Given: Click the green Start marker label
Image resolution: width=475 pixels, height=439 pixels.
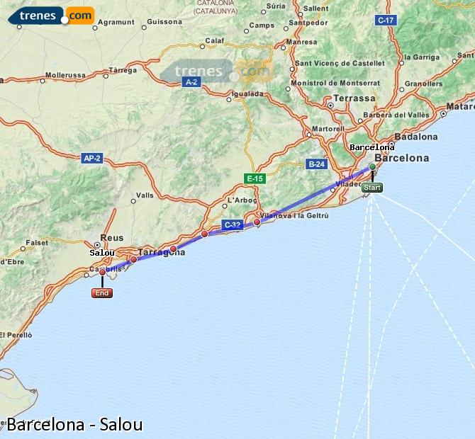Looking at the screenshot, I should (x=371, y=188).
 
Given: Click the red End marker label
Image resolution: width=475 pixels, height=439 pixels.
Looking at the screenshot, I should (x=102, y=293).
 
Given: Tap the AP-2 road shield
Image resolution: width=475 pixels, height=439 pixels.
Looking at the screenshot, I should (x=92, y=158).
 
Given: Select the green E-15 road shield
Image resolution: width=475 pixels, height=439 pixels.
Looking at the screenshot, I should (x=254, y=178).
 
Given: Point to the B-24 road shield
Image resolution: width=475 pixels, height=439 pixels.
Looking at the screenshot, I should (x=315, y=164).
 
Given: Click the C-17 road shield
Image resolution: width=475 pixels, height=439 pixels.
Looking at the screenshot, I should (x=386, y=21).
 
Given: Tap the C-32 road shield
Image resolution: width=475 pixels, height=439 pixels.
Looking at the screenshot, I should (x=232, y=225).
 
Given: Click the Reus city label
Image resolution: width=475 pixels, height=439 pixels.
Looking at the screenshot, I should (x=112, y=239).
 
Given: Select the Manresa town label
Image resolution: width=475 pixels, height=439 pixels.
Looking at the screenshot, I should (x=303, y=42).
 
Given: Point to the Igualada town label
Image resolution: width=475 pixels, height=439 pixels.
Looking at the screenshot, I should (x=247, y=93).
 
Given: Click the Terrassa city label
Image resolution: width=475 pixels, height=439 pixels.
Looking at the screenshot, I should (x=354, y=98).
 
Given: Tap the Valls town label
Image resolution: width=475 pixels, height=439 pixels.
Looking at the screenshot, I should (x=145, y=195).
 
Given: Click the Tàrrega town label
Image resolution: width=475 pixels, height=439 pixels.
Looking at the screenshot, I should (x=123, y=71).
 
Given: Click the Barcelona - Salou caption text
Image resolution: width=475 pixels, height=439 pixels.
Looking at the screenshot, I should (x=74, y=425).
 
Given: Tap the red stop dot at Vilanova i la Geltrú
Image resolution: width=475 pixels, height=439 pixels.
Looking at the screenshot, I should (x=257, y=222).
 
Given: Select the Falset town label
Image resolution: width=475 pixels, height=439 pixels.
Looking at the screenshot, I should (x=37, y=242).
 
